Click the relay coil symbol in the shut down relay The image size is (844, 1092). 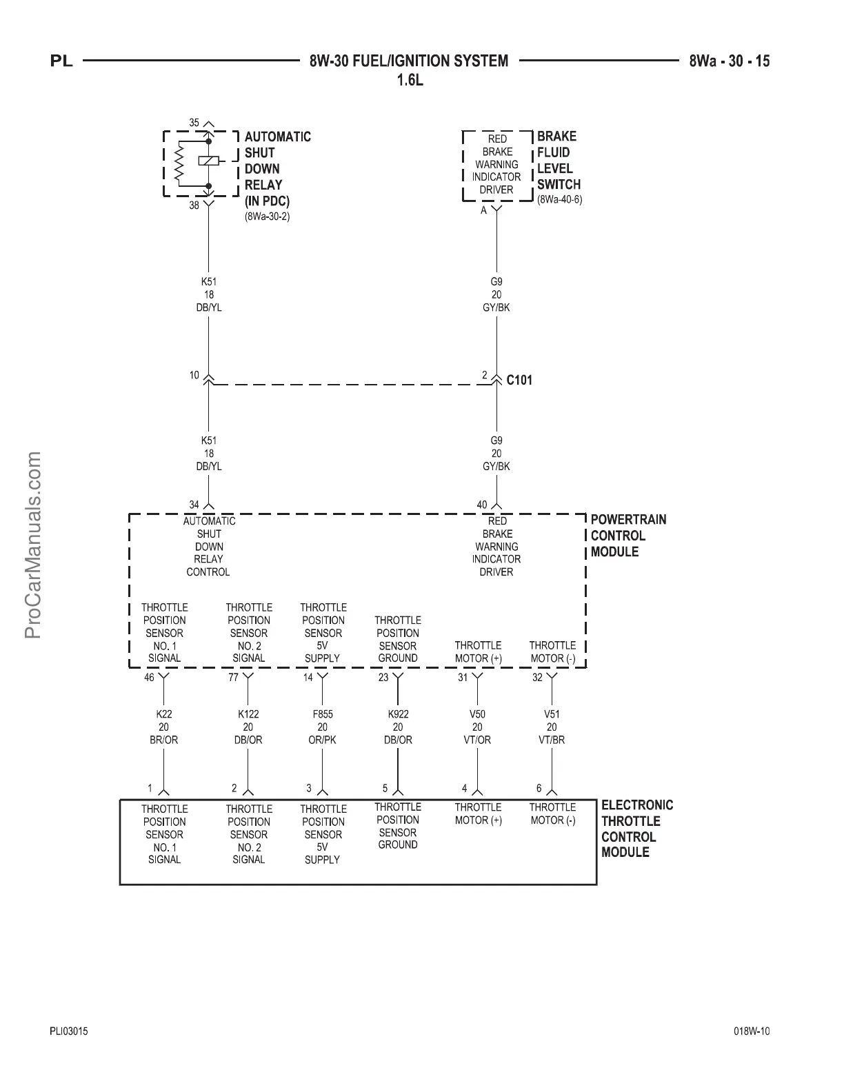coord(209,161)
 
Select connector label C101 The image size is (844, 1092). coord(519,380)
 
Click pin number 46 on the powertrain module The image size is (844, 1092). coord(149,678)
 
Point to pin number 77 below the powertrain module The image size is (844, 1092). coord(233,678)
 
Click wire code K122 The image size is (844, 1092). coord(248,714)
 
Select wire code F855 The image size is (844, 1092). coord(323,714)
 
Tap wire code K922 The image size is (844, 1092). coord(398,714)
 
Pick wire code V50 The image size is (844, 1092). coord(477,714)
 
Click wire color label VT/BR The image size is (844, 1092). coord(552,740)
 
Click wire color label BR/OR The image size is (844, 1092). coord(163,740)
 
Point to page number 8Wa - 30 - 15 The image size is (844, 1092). coord(729,61)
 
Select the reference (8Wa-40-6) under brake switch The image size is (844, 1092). coord(559,200)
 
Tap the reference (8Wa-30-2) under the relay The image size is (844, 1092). coord(267,216)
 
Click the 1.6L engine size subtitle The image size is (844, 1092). coord(409,81)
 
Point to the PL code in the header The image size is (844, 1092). coord(61,61)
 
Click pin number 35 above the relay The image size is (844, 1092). coord(194,123)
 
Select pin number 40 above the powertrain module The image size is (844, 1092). coord(482,505)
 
